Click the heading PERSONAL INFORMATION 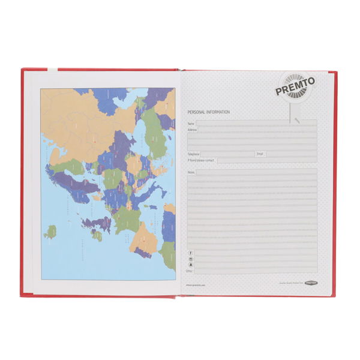208,112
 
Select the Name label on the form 191,124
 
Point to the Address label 193,130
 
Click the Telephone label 194,154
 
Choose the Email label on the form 260,154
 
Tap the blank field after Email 290,154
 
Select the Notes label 191,172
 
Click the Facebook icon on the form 191,253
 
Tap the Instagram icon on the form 191,259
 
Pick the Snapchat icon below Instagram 191,265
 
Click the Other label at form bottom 190,271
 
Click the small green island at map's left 52,231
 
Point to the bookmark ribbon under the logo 296,114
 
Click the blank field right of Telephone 228,154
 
